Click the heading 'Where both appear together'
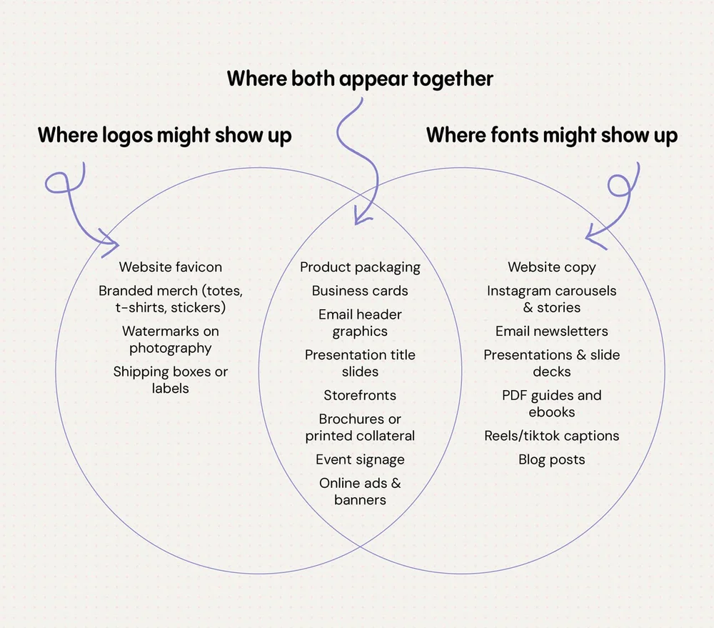[360, 79]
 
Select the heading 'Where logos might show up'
[164, 135]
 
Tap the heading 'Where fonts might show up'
[552, 135]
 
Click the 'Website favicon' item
[171, 267]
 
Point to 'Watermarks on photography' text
[171, 340]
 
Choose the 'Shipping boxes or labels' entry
[171, 380]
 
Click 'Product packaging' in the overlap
[360, 267]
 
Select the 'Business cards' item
[360, 291]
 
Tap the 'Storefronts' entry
[360, 395]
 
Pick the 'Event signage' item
[360, 459]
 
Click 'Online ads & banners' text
[360, 492]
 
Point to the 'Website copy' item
[552, 267]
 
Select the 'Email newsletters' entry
[552, 332]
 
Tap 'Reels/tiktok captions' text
[552, 436]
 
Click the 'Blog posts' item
[552, 459]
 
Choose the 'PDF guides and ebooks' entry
[552, 404]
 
